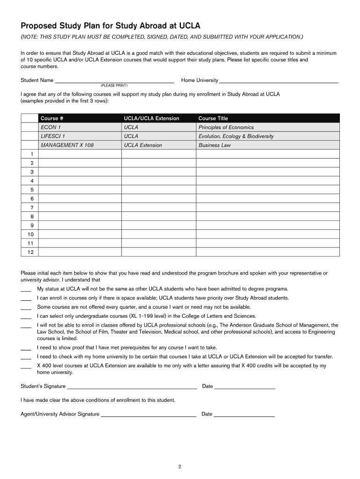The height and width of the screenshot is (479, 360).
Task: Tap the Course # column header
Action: pos(52,118)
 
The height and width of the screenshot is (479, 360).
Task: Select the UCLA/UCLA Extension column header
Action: pos(151,118)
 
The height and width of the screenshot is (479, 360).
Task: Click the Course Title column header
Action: pos(213,118)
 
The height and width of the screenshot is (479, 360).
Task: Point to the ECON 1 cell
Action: pos(51,127)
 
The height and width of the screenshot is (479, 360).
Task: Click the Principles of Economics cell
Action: pos(226,127)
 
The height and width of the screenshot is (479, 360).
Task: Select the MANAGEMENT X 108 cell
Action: pos(67,145)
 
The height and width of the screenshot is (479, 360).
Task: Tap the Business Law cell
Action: pos(215,145)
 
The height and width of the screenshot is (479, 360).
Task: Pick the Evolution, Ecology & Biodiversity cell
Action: pos(236,136)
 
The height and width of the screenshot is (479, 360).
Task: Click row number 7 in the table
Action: pos(32,207)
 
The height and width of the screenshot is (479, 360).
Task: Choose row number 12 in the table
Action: pos(30,252)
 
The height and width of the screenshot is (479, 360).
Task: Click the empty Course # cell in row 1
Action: pos(79,154)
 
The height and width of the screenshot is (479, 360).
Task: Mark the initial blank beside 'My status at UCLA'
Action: pos(26,290)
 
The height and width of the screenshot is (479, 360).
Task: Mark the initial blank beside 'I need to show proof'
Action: pos(26,348)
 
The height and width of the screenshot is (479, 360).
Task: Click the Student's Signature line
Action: pos(132,387)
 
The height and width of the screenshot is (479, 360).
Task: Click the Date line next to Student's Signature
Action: pos(245,387)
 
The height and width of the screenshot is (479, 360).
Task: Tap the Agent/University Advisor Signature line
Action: pos(148,414)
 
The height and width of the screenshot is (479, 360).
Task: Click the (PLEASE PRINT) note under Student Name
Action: pos(114,86)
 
